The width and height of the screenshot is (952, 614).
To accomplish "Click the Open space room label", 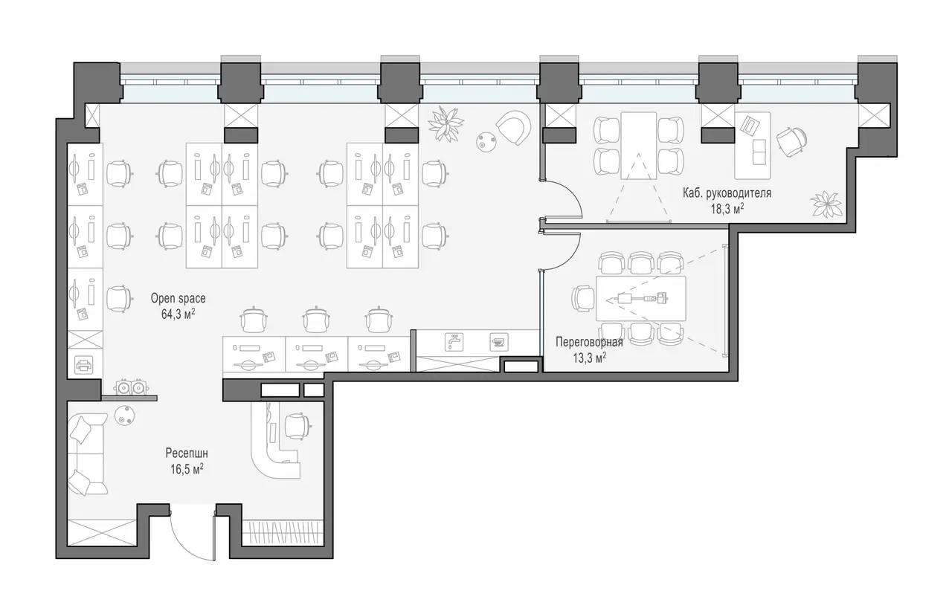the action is tap(178, 299).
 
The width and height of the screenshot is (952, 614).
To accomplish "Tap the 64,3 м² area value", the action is tap(178, 314).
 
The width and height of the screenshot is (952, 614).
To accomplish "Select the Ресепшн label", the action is tap(187, 453).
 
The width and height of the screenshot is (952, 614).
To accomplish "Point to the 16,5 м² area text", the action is tap(187, 470).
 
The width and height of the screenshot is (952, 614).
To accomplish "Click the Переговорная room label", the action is tap(589, 342).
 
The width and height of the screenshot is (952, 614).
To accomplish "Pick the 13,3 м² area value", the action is tap(589, 358).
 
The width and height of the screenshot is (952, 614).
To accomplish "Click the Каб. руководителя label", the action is tap(727, 193).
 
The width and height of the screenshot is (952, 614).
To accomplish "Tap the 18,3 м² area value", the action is tap(727, 209).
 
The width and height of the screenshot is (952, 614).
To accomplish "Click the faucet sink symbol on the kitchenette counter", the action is tap(454, 342).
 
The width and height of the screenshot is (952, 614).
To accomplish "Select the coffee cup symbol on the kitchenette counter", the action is tap(498, 342).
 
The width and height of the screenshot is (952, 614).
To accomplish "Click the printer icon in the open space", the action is tap(84, 365).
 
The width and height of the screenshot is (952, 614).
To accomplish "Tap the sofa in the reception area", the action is tap(88, 454).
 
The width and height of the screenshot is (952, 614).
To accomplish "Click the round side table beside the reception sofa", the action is tap(124, 416).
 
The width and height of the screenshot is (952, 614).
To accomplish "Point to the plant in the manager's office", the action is tap(826, 204).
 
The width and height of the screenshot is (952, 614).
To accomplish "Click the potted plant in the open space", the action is tap(446, 123).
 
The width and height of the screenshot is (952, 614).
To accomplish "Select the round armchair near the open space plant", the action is tap(514, 128).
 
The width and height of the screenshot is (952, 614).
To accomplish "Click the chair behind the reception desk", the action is tap(297, 426).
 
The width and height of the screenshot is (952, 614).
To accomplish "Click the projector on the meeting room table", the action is tap(625, 299).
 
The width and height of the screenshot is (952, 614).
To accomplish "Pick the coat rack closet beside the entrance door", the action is tap(283, 532).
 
